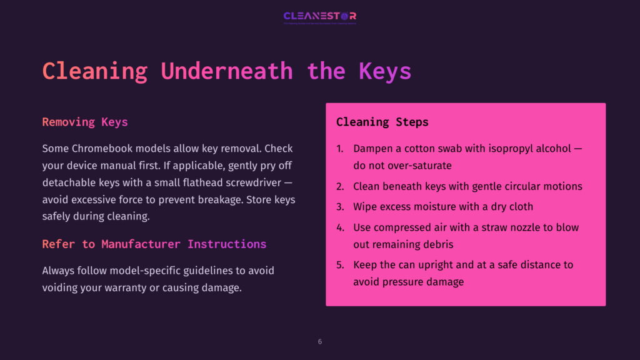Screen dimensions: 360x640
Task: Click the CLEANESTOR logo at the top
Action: click(x=319, y=16)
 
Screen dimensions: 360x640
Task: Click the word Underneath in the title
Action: click(x=226, y=71)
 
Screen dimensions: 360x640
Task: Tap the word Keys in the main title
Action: click(x=385, y=71)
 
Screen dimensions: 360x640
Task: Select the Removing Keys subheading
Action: click(x=85, y=122)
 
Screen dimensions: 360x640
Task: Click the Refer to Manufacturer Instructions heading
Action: click(x=154, y=244)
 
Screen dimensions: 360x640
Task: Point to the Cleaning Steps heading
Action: click(x=382, y=122)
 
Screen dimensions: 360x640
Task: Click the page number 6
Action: click(x=320, y=342)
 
